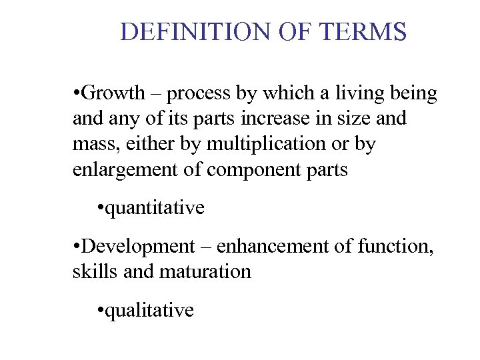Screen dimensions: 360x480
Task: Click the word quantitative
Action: (155, 208)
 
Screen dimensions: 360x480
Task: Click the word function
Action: (401, 246)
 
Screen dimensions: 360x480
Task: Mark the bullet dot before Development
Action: (77, 246)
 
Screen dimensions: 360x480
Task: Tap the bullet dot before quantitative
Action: (100, 208)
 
